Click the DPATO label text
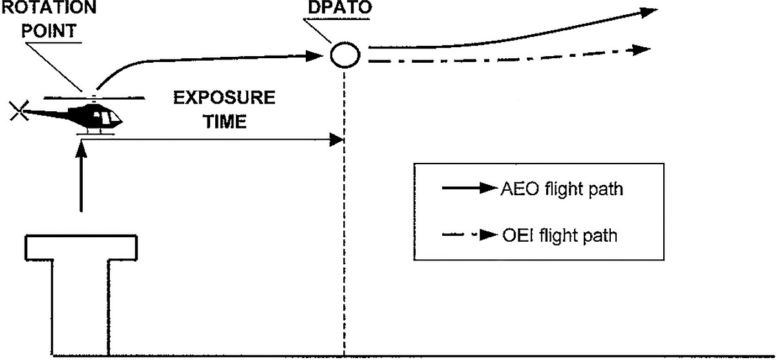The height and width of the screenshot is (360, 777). click(340, 9)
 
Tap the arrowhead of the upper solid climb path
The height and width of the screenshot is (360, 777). click(648, 12)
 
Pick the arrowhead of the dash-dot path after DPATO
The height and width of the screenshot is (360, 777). click(642, 49)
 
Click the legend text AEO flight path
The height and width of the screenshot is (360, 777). click(562, 189)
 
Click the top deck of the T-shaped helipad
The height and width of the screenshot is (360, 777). click(81, 246)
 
